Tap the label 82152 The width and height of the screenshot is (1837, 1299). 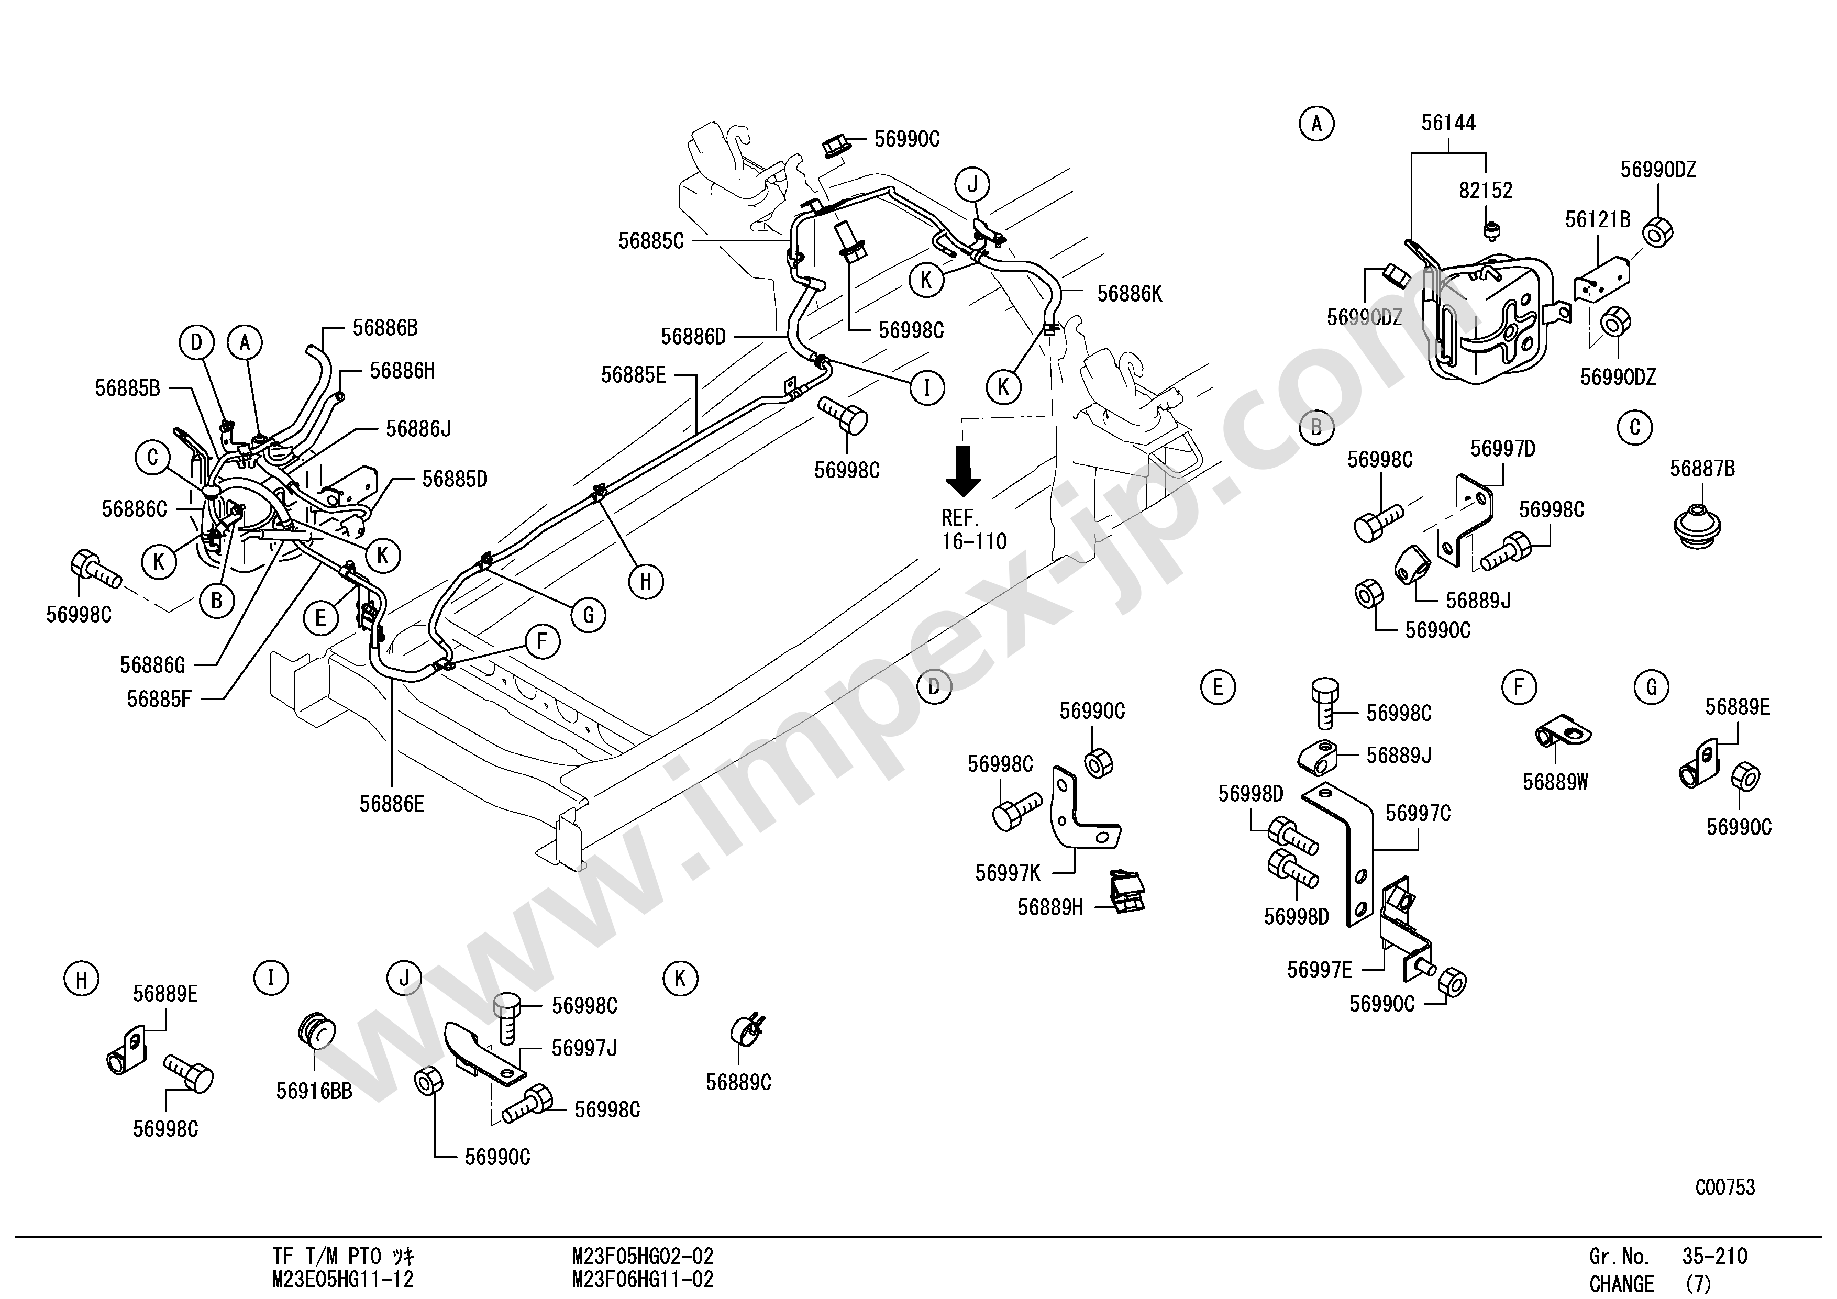tap(1486, 191)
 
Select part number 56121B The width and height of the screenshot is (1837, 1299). tap(1597, 220)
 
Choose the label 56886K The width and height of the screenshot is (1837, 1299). tap(1129, 294)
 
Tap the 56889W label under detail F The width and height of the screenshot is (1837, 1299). tap(1555, 782)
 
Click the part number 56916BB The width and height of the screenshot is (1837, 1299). tap(314, 1091)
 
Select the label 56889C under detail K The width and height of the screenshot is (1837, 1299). tap(738, 1082)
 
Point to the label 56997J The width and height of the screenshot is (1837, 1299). tap(584, 1048)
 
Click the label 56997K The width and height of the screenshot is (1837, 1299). tap(1008, 873)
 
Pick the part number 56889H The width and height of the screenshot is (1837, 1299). tap(1050, 908)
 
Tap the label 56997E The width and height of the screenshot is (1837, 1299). tap(1319, 970)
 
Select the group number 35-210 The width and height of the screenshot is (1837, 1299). tap(1714, 1257)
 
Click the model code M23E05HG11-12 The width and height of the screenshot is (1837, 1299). tap(342, 1280)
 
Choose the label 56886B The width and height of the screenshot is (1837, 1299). tap(385, 328)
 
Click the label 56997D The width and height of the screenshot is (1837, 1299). tap(1502, 450)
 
